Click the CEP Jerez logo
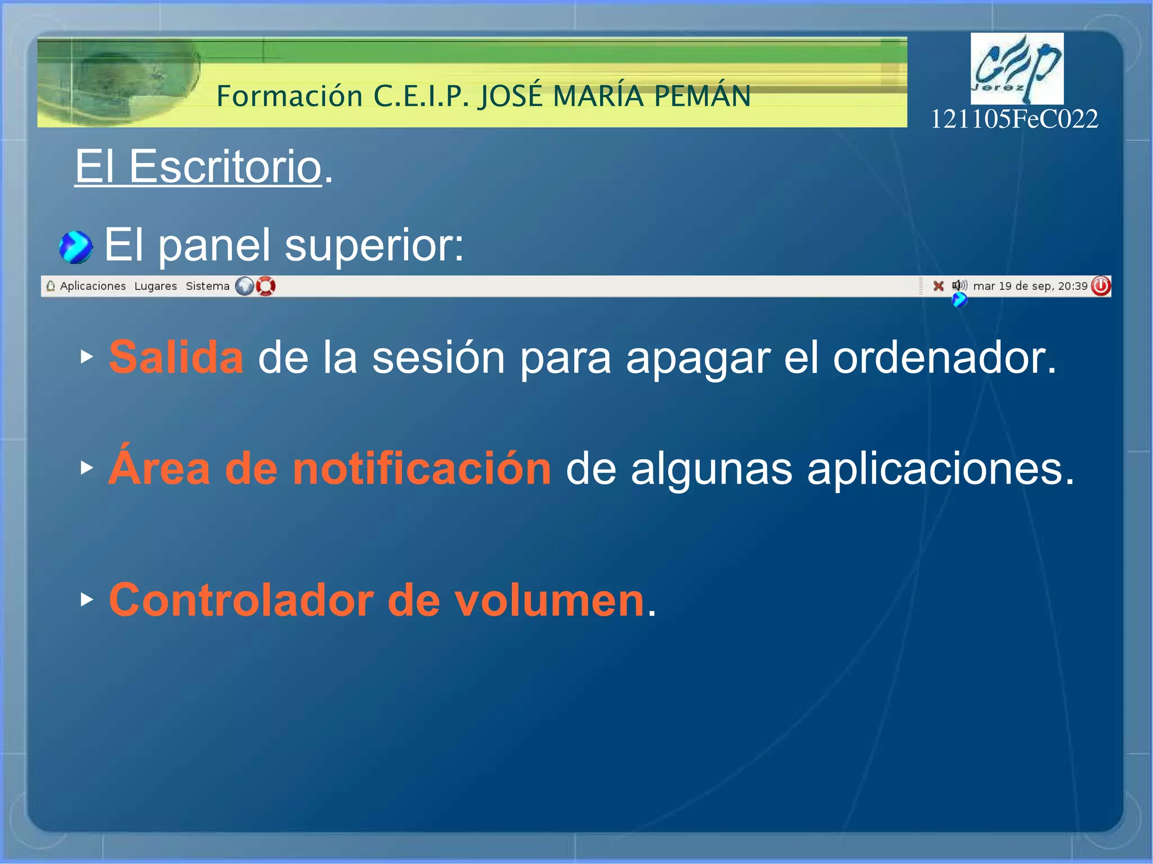(x=1017, y=68)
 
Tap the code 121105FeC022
(x=1014, y=119)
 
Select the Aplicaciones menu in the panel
(x=92, y=286)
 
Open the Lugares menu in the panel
(x=155, y=286)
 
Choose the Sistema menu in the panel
(x=207, y=286)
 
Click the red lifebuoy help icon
(x=266, y=286)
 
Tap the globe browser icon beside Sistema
(x=244, y=286)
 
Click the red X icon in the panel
(x=938, y=286)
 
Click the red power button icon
(x=1101, y=286)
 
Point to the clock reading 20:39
(x=1072, y=286)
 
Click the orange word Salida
(x=176, y=357)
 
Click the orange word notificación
(x=422, y=469)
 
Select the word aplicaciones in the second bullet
(x=940, y=469)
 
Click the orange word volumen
(x=549, y=601)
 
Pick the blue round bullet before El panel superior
(x=75, y=247)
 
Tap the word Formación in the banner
(x=289, y=96)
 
